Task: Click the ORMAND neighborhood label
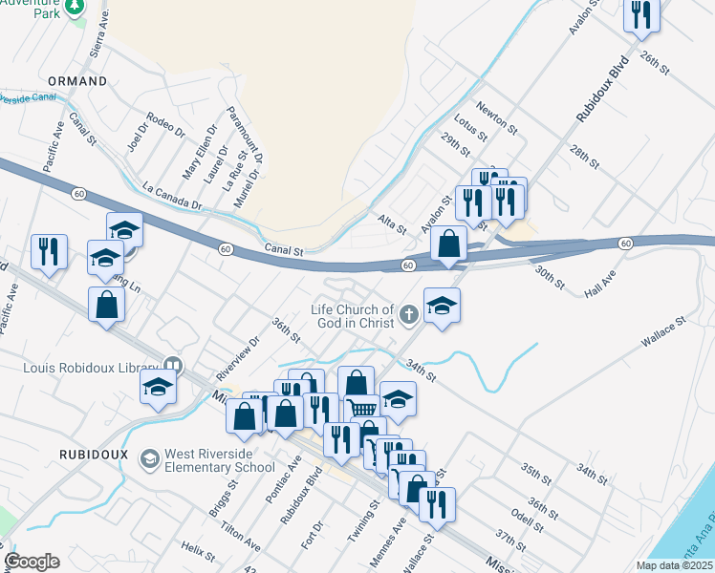coord(77,82)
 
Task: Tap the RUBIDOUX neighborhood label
coord(93,455)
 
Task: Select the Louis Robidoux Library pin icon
coord(173,364)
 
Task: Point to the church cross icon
coord(408,314)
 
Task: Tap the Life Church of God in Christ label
coord(352,316)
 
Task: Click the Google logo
coord(32,562)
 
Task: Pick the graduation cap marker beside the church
coord(442,306)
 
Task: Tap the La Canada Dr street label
coord(172,198)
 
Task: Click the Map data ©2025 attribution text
coord(675,565)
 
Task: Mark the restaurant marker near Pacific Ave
coord(49,251)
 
